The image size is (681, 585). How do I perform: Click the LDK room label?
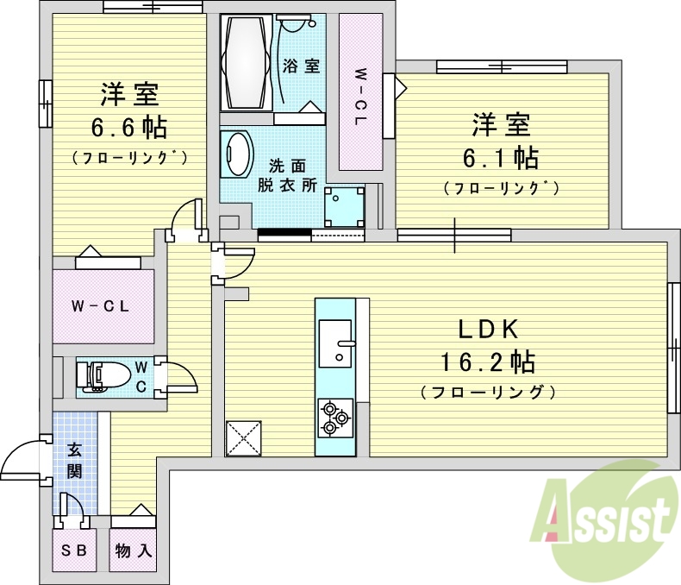pyautogui.click(x=486, y=329)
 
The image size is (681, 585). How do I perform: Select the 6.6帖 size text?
pyautogui.click(x=130, y=128)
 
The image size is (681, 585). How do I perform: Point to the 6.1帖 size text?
pyautogui.click(x=504, y=157)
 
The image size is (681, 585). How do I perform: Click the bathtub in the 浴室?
pyautogui.click(x=247, y=62)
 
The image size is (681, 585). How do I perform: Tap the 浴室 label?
pyautogui.click(x=301, y=66)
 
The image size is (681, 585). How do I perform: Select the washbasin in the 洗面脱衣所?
pyautogui.click(x=237, y=154)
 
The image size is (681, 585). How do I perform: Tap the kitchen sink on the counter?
pyautogui.click(x=335, y=340)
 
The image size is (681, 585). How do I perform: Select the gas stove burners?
pyautogui.click(x=334, y=418)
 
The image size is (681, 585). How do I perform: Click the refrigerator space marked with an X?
pyautogui.click(x=244, y=437)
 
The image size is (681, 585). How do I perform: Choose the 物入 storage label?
pyautogui.click(x=133, y=550)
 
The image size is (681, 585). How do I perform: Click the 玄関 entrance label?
pyautogui.click(x=74, y=461)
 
